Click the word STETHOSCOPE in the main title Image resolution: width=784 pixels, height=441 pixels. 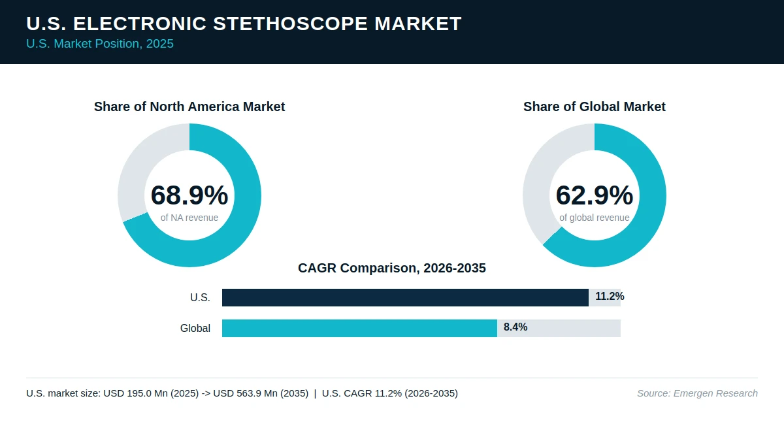[x=290, y=24]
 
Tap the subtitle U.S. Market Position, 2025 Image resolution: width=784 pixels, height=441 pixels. [x=100, y=44]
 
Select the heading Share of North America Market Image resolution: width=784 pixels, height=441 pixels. [x=189, y=106]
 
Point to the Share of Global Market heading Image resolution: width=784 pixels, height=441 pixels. [x=595, y=106]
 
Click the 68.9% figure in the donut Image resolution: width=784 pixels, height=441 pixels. [x=189, y=195]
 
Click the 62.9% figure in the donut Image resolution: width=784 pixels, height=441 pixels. [x=595, y=195]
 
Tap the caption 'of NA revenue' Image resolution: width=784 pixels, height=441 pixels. [x=189, y=218]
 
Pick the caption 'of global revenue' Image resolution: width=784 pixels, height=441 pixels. [x=595, y=218]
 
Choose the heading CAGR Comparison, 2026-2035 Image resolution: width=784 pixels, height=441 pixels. [x=391, y=268]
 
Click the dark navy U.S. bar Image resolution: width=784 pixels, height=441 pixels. [x=405, y=297]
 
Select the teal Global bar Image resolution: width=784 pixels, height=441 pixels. [x=359, y=328]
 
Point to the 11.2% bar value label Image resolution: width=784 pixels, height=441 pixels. [x=610, y=297]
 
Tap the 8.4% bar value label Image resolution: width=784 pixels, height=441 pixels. [x=515, y=327]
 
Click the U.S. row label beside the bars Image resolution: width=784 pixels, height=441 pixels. [x=200, y=297]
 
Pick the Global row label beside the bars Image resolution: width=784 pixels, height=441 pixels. [x=195, y=328]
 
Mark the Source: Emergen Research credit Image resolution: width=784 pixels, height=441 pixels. [x=697, y=393]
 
